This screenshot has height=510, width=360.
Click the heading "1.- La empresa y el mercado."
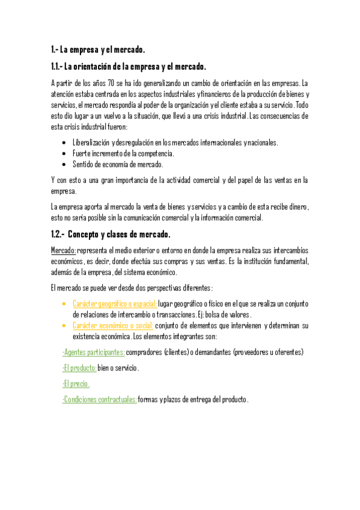[98, 49]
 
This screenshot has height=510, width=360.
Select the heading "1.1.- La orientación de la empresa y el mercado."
[129, 66]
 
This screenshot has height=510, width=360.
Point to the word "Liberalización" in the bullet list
[91, 143]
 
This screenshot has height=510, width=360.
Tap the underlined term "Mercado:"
[64, 250]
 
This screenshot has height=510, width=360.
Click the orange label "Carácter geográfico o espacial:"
[114, 304]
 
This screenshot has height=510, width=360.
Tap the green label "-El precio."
[76, 384]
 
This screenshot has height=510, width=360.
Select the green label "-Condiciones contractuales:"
[99, 399]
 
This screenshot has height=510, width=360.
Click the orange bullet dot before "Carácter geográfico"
[64, 305]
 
